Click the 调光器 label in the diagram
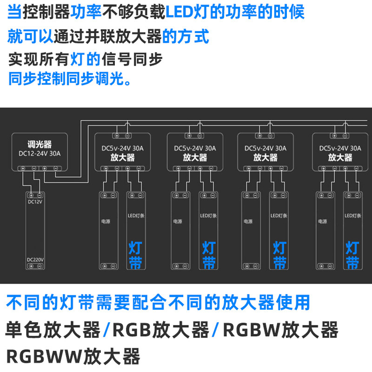click(40, 144)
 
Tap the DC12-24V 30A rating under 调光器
click(40, 153)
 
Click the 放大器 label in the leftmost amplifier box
click(123, 158)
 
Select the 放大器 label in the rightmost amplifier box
click(340, 158)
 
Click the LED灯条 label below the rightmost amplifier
click(353, 216)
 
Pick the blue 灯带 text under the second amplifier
click(208, 255)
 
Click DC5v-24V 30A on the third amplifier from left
click(265, 149)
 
